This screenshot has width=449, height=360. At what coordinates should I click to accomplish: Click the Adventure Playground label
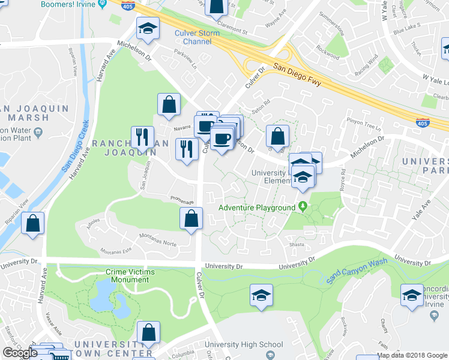click(x=256, y=208)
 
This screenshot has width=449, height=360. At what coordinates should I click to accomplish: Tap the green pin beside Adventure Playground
click(x=303, y=208)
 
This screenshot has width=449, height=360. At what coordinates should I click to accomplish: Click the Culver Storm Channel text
click(x=197, y=37)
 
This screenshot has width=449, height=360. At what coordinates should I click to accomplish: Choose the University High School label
click(x=243, y=344)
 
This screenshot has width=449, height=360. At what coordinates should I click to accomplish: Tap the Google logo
click(x=20, y=353)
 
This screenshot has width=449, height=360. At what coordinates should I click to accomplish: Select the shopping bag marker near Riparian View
click(x=33, y=224)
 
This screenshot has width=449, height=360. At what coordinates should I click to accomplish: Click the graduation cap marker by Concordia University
click(x=411, y=296)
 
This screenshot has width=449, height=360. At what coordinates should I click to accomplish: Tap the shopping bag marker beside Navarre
click(x=169, y=104)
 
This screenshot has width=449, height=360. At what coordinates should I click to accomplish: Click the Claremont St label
click(x=232, y=29)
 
